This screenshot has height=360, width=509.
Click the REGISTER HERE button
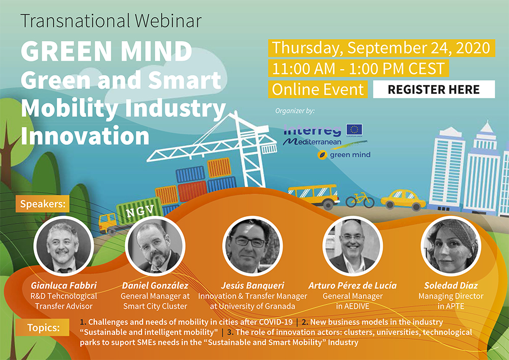[434, 89]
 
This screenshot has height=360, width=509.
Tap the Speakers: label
[43, 204]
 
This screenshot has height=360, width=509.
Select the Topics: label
[43, 327]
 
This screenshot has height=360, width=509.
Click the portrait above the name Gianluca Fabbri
[64, 246]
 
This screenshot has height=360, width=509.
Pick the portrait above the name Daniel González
[155, 246]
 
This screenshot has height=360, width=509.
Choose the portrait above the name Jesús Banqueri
[252, 246]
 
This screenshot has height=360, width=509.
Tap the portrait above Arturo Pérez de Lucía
[353, 246]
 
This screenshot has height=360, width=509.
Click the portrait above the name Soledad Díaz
[451, 246]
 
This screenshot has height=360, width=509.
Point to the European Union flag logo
[354, 129]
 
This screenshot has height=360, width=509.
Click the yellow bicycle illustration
[360, 200]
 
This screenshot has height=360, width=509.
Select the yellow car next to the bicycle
[403, 200]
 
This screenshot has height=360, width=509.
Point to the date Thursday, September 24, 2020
[381, 48]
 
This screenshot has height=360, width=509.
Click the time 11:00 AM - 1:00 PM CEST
[358, 69]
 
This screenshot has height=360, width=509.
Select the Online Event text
[318, 89]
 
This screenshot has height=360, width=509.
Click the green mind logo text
[350, 155]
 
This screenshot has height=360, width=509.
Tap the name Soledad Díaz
[451, 285]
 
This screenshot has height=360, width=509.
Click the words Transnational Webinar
[111, 21]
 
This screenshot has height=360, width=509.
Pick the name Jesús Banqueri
[252, 285]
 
